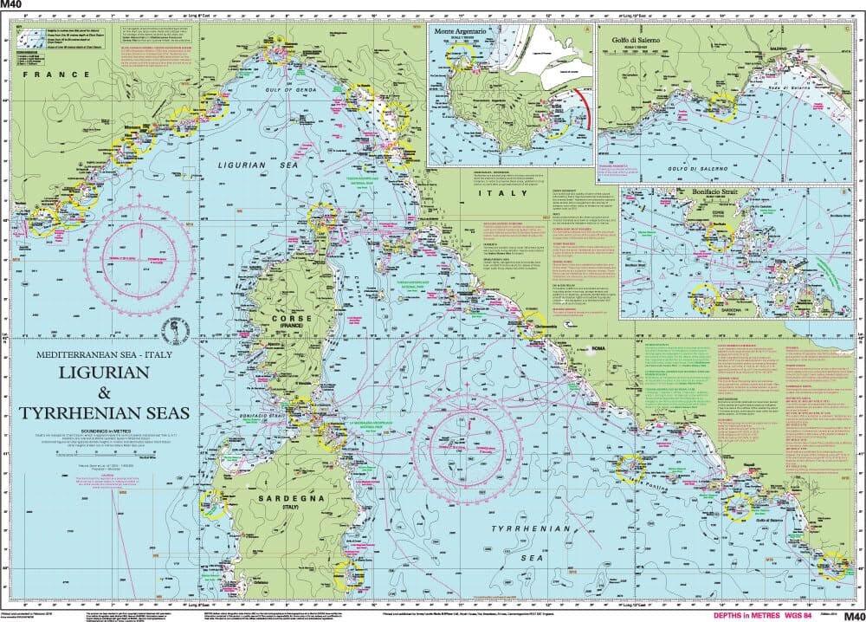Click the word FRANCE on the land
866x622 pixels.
point(56,75)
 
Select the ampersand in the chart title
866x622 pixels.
point(104,392)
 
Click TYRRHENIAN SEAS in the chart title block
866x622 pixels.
point(104,413)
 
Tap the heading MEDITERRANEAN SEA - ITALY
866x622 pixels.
point(104,354)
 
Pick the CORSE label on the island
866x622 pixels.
point(288,319)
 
